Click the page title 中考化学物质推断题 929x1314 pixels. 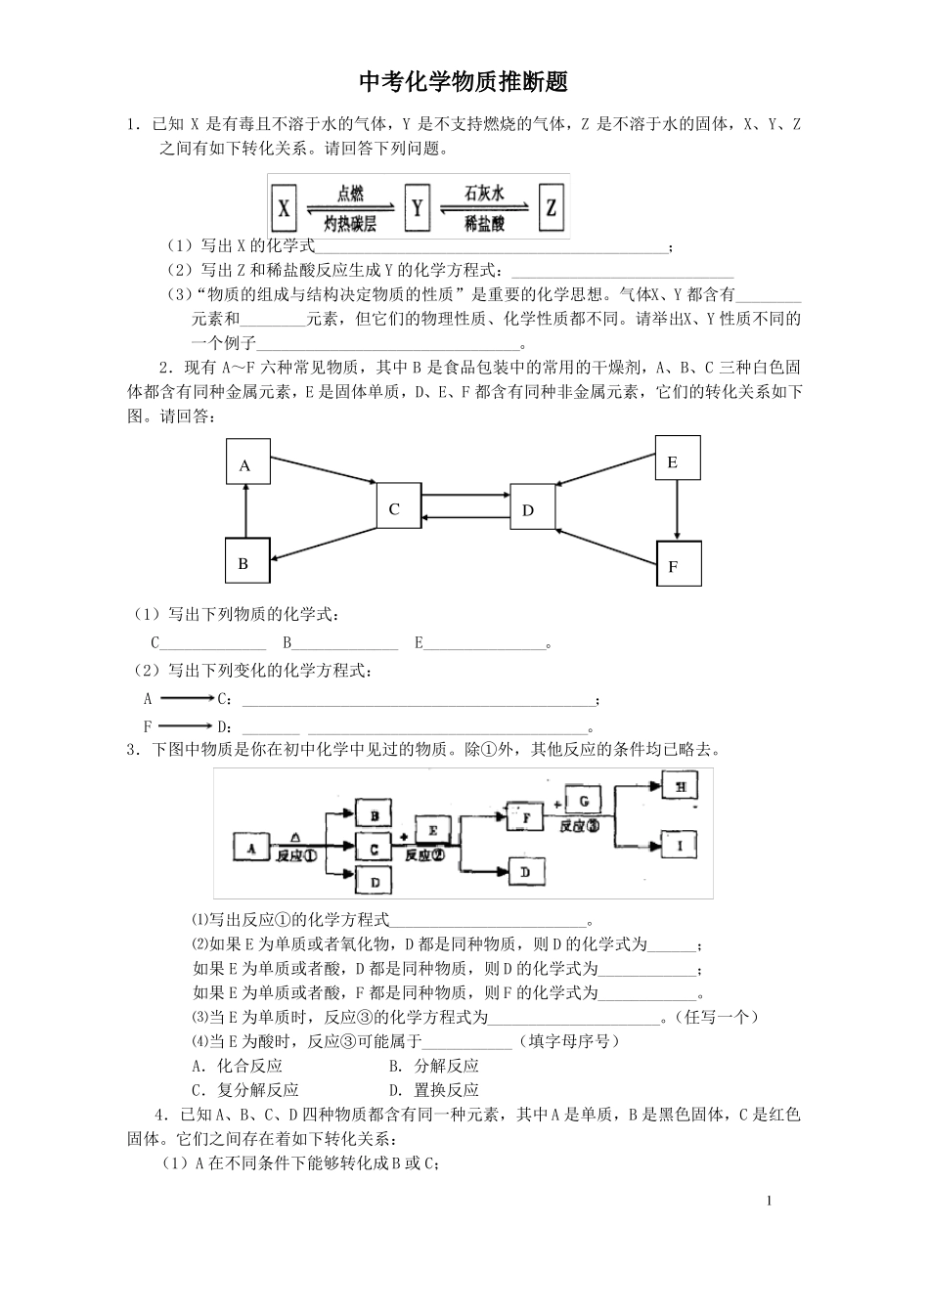[x=464, y=82]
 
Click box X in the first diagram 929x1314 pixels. [x=285, y=207]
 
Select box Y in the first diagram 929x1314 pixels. [x=418, y=207]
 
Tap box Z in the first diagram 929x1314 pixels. [x=552, y=207]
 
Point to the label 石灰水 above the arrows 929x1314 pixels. [x=484, y=194]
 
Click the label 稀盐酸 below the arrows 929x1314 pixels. [x=484, y=224]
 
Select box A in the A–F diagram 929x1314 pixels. [x=245, y=464]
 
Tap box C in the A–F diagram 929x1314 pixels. [x=397, y=507]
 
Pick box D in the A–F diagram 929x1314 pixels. [x=532, y=508]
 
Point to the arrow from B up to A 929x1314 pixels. [x=245, y=513]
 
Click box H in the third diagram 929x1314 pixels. [x=683, y=785]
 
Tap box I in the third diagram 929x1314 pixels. [x=683, y=845]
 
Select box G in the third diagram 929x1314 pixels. [x=584, y=800]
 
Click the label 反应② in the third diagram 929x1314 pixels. [x=424, y=854]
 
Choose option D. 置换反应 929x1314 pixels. [x=434, y=1089]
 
